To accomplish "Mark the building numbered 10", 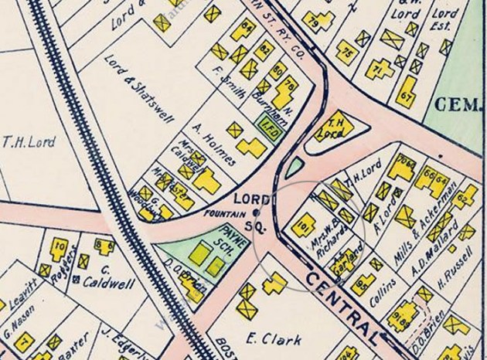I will [59, 248].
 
